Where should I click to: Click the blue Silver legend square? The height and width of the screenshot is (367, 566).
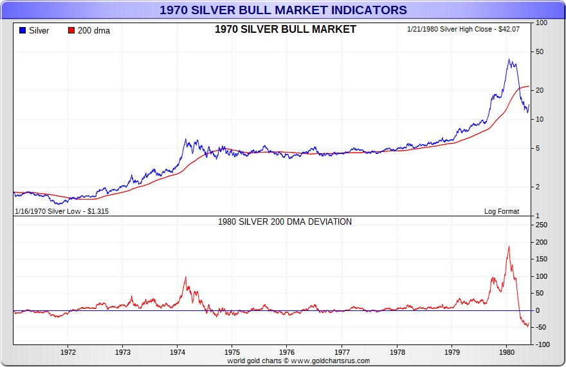tap(23, 31)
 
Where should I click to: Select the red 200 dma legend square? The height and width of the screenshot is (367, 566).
tap(71, 31)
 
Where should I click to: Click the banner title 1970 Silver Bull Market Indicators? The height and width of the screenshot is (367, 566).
tap(283, 10)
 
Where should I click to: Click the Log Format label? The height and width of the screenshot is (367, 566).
tap(502, 211)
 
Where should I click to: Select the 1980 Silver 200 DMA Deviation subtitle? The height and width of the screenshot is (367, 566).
tap(285, 221)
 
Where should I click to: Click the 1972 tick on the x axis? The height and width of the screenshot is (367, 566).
tap(68, 352)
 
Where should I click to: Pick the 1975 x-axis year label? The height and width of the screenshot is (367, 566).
tap(232, 352)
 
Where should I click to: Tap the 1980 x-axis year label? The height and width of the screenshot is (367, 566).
tap(506, 352)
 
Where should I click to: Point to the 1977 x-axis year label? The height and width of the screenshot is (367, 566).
tap(342, 352)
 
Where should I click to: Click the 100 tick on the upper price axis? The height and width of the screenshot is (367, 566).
tap(542, 23)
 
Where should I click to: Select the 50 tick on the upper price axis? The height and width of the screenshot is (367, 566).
tap(540, 52)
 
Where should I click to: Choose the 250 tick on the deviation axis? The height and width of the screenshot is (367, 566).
tap(541, 225)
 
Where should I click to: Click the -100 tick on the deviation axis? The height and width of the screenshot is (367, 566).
tap(542, 345)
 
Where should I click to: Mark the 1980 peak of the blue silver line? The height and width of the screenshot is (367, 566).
tap(509, 60)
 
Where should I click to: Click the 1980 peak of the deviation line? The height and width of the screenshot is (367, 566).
tap(509, 247)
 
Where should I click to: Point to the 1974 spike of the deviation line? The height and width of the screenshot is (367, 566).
tap(185, 277)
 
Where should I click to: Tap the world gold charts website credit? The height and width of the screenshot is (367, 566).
tap(298, 361)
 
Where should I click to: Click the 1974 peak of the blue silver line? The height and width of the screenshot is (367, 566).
tap(185, 139)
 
